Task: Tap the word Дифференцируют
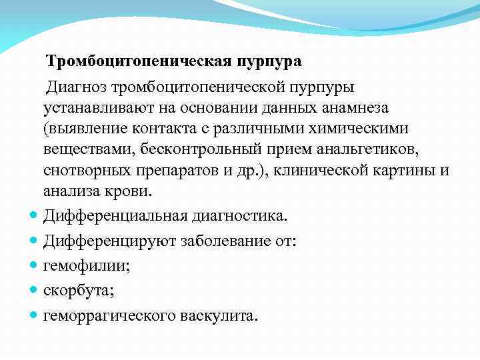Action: pyautogui.click(x=107, y=241)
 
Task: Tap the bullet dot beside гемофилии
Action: pyautogui.click(x=33, y=266)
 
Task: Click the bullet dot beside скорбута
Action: pyautogui.click(x=33, y=291)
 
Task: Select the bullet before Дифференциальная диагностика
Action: pyautogui.click(x=33, y=217)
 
